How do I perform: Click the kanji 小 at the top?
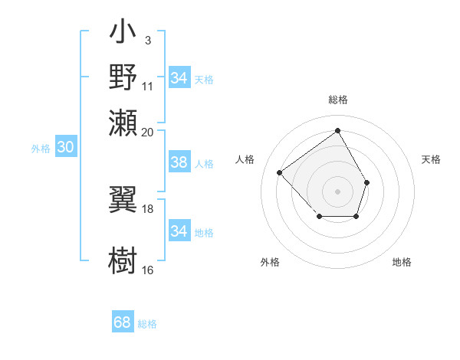(x=123, y=34)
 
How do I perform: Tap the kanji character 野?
(x=123, y=77)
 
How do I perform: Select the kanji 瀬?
(x=123, y=123)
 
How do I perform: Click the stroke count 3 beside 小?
(x=147, y=40)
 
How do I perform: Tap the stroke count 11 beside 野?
(x=147, y=85)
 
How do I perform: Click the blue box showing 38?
(x=179, y=162)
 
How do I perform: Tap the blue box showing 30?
(x=65, y=148)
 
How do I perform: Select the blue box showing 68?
(x=123, y=322)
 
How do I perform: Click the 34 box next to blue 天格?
(x=179, y=78)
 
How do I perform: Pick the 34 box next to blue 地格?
(x=179, y=231)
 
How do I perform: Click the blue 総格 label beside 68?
(x=147, y=324)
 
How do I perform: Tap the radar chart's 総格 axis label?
(x=337, y=100)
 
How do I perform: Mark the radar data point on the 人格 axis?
(x=280, y=172)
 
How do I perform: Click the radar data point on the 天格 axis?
(x=367, y=182)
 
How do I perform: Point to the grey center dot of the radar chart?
(x=337, y=191)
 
